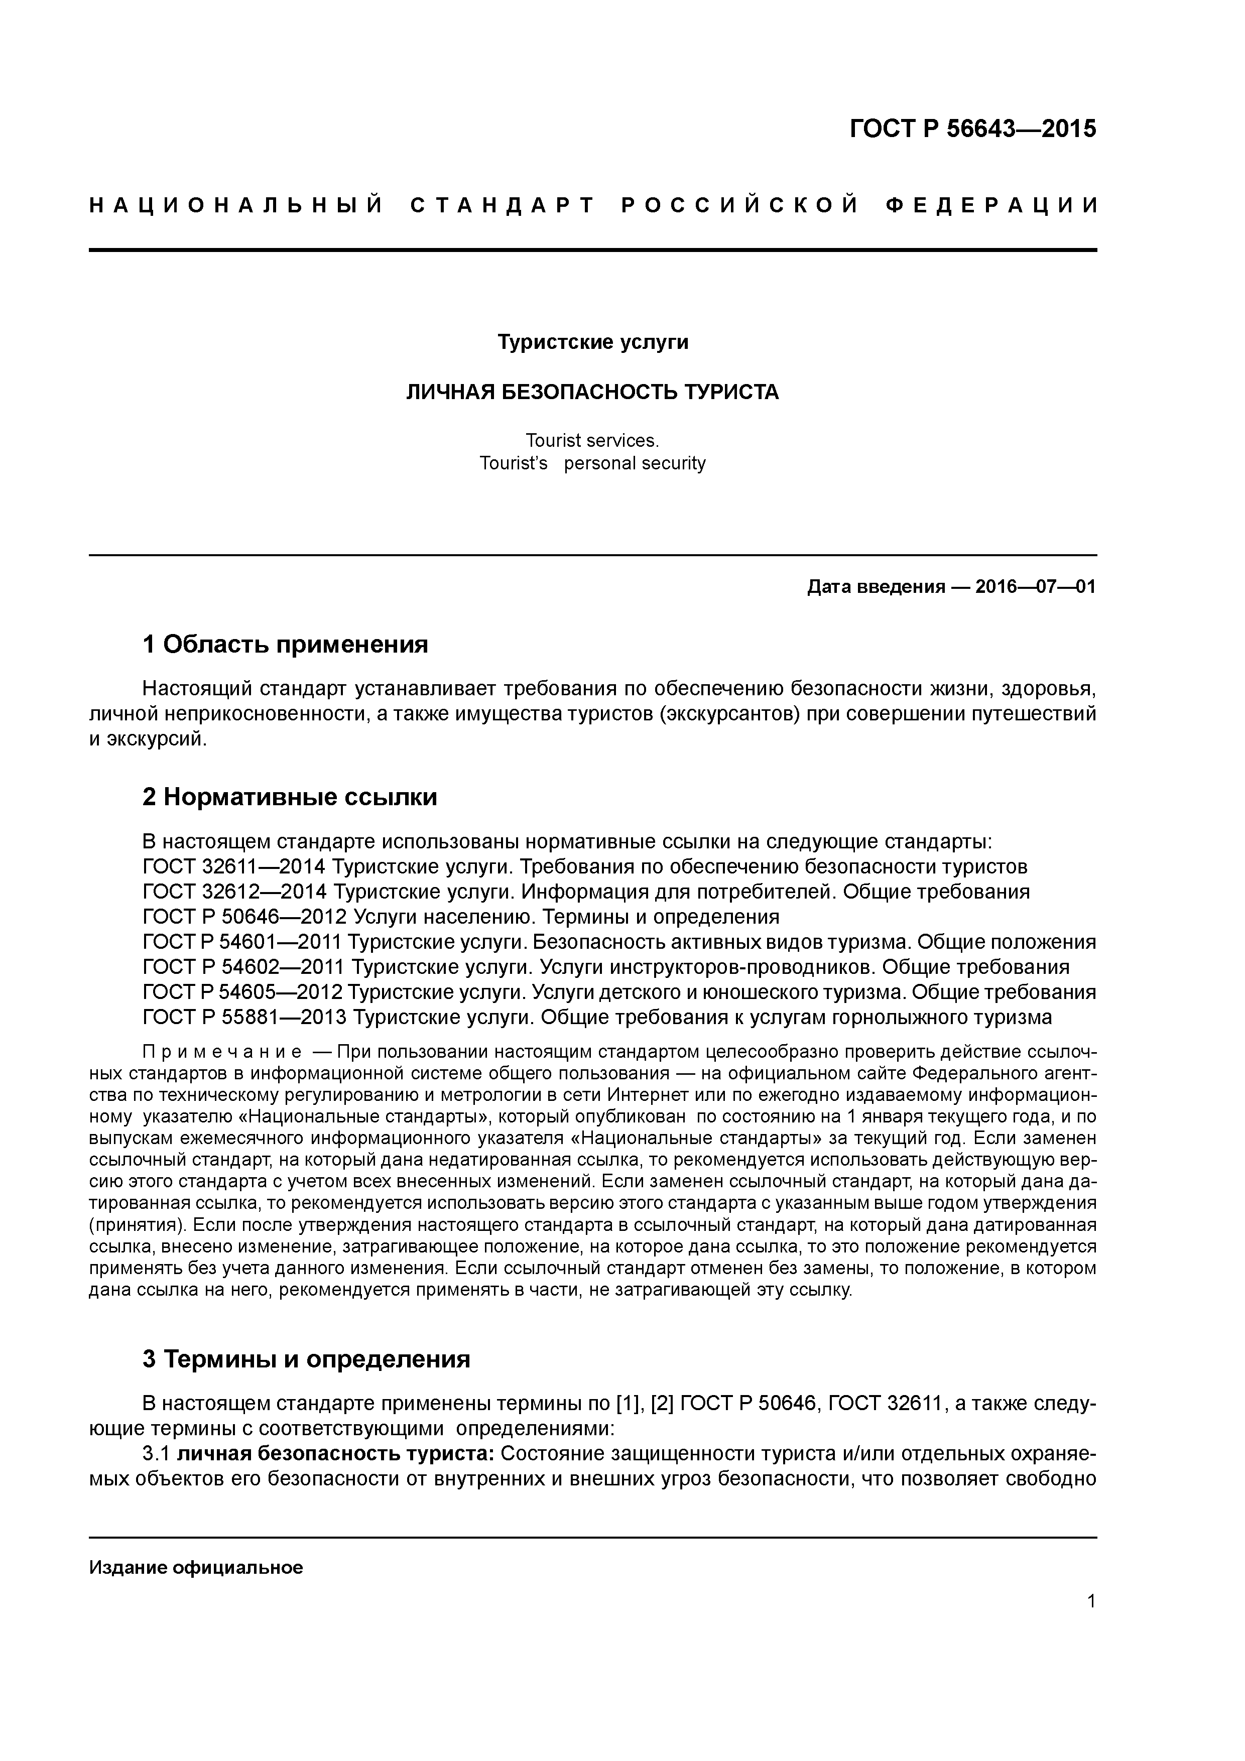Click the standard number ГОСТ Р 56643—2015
(x=973, y=129)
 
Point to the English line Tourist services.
(x=592, y=440)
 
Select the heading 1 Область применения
(x=285, y=644)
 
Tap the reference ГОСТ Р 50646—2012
(x=242, y=917)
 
